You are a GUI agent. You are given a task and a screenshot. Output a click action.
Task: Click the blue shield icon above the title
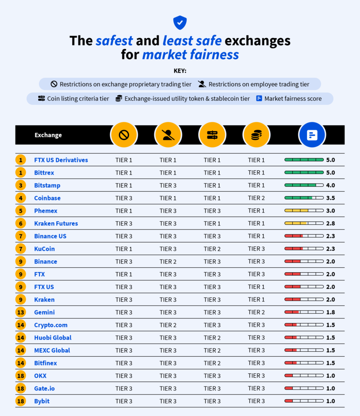pos(180,22)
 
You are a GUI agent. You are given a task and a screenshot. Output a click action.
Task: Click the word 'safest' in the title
pos(114,41)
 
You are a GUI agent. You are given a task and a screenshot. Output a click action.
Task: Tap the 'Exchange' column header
pos(48,135)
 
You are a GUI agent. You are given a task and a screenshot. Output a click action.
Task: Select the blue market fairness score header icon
pos(312,135)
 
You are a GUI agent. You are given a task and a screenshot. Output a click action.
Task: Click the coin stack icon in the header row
pos(256,135)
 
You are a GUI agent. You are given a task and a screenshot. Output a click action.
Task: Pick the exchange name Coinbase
pos(47,198)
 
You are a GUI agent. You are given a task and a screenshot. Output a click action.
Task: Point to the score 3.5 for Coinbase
pos(330,198)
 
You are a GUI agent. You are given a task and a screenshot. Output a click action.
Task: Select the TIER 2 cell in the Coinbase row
pos(256,198)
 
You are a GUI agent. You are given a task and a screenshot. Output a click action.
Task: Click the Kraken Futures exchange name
pos(56,223)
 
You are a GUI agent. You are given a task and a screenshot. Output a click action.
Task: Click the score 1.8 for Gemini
pos(330,312)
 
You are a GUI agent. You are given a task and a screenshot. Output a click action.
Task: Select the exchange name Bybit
pos(42,401)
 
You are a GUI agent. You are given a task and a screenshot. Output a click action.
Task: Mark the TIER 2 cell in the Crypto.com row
pos(168,325)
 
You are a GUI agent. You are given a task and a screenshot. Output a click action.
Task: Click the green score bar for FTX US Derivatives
pos(304,160)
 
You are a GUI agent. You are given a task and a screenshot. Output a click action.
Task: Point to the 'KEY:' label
pos(180,71)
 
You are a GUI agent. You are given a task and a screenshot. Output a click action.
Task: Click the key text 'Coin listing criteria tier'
pos(78,99)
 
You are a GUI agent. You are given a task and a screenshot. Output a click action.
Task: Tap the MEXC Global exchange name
pos(52,350)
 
